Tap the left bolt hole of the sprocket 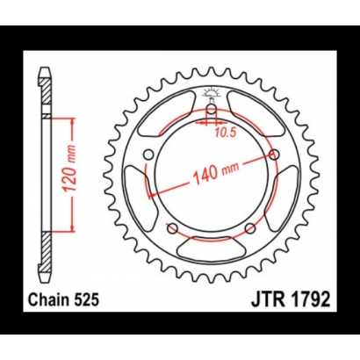(149, 155)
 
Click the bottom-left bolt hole (173, 229)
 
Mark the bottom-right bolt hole (249, 229)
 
